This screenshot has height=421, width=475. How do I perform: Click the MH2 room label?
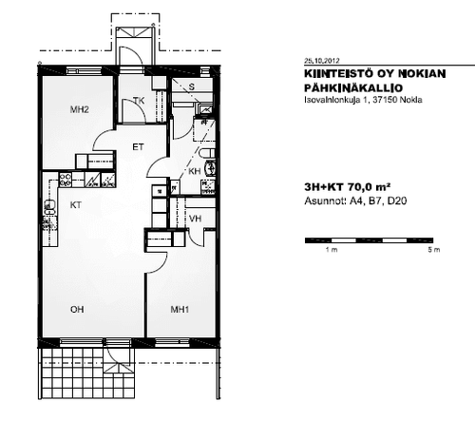pos(79,109)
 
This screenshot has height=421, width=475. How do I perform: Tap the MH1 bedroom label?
pos(180,309)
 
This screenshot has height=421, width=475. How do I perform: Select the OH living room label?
pos(77,309)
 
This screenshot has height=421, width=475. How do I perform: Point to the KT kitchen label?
pos(76,205)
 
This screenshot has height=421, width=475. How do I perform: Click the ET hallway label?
pos(138,147)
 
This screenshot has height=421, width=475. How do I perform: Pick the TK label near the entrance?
pos(139,101)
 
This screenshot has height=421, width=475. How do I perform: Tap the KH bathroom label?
pos(195,171)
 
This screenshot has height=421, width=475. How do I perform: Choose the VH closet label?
pos(195,219)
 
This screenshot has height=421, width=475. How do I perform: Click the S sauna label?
pos(191,86)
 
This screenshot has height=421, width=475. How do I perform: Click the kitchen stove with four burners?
pos(66,180)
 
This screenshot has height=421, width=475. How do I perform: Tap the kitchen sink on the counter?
pos(49,207)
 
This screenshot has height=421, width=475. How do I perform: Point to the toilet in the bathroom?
pos(208,153)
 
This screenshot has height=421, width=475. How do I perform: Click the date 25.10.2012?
pos(322,61)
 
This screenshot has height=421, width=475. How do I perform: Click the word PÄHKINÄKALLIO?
pos(353,87)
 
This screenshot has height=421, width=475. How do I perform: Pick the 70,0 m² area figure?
pos(369,187)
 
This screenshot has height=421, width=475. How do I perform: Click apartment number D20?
pos(397,201)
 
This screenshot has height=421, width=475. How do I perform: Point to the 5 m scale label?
pos(434,250)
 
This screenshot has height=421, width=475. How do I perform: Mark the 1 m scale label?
pos(332,250)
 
